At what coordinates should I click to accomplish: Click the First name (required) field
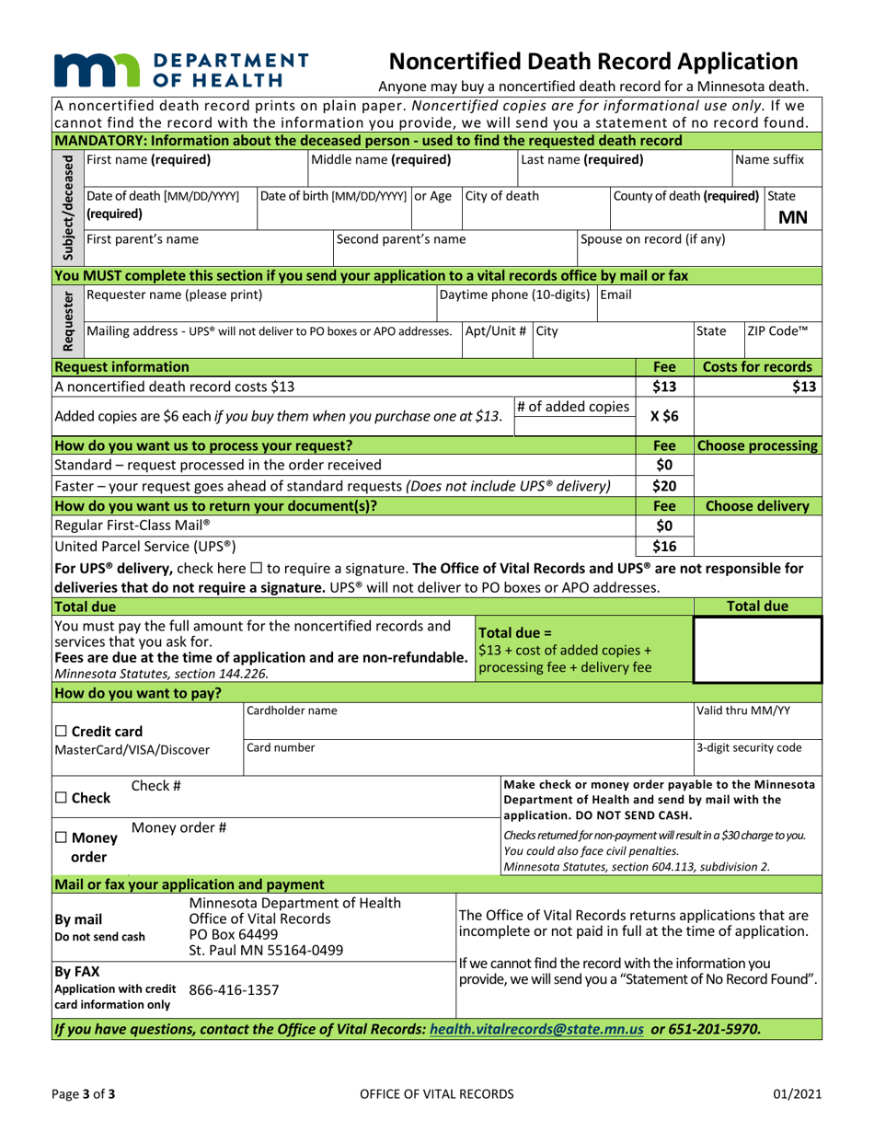194,169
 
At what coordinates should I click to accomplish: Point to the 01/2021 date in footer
774,1092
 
